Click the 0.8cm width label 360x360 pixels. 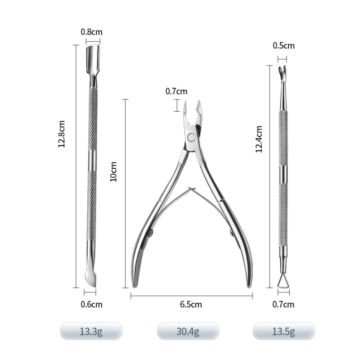(92, 32)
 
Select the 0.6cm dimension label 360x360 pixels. (91, 304)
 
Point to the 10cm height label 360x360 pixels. (113, 171)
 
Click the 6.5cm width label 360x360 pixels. (191, 305)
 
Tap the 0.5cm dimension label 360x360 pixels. (283, 45)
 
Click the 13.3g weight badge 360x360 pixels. (91, 332)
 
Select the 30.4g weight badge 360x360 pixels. (188, 332)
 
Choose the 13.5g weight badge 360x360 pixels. (283, 332)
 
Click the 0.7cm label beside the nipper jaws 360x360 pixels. (176, 91)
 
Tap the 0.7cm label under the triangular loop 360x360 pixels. (283, 304)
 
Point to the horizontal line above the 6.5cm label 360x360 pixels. (191, 296)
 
